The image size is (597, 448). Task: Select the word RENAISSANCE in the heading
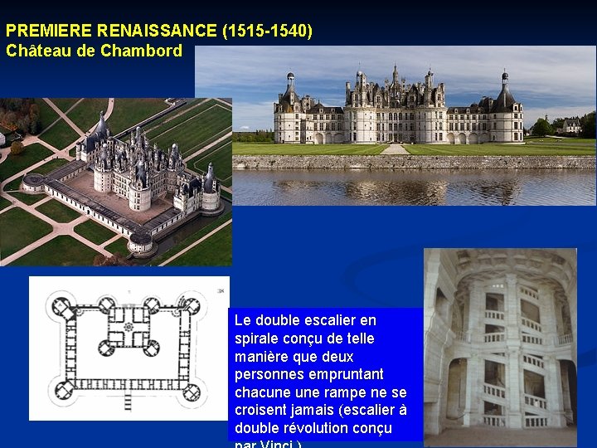157,32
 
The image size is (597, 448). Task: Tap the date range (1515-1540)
268,32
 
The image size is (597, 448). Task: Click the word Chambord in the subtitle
142,51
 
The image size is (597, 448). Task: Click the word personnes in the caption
269,374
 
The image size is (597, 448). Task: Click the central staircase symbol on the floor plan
129,326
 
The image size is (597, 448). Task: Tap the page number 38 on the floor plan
221,291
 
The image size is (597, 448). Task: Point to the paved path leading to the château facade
395,149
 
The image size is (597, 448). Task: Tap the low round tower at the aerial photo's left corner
34,182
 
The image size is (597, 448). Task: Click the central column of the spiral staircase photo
512,348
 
